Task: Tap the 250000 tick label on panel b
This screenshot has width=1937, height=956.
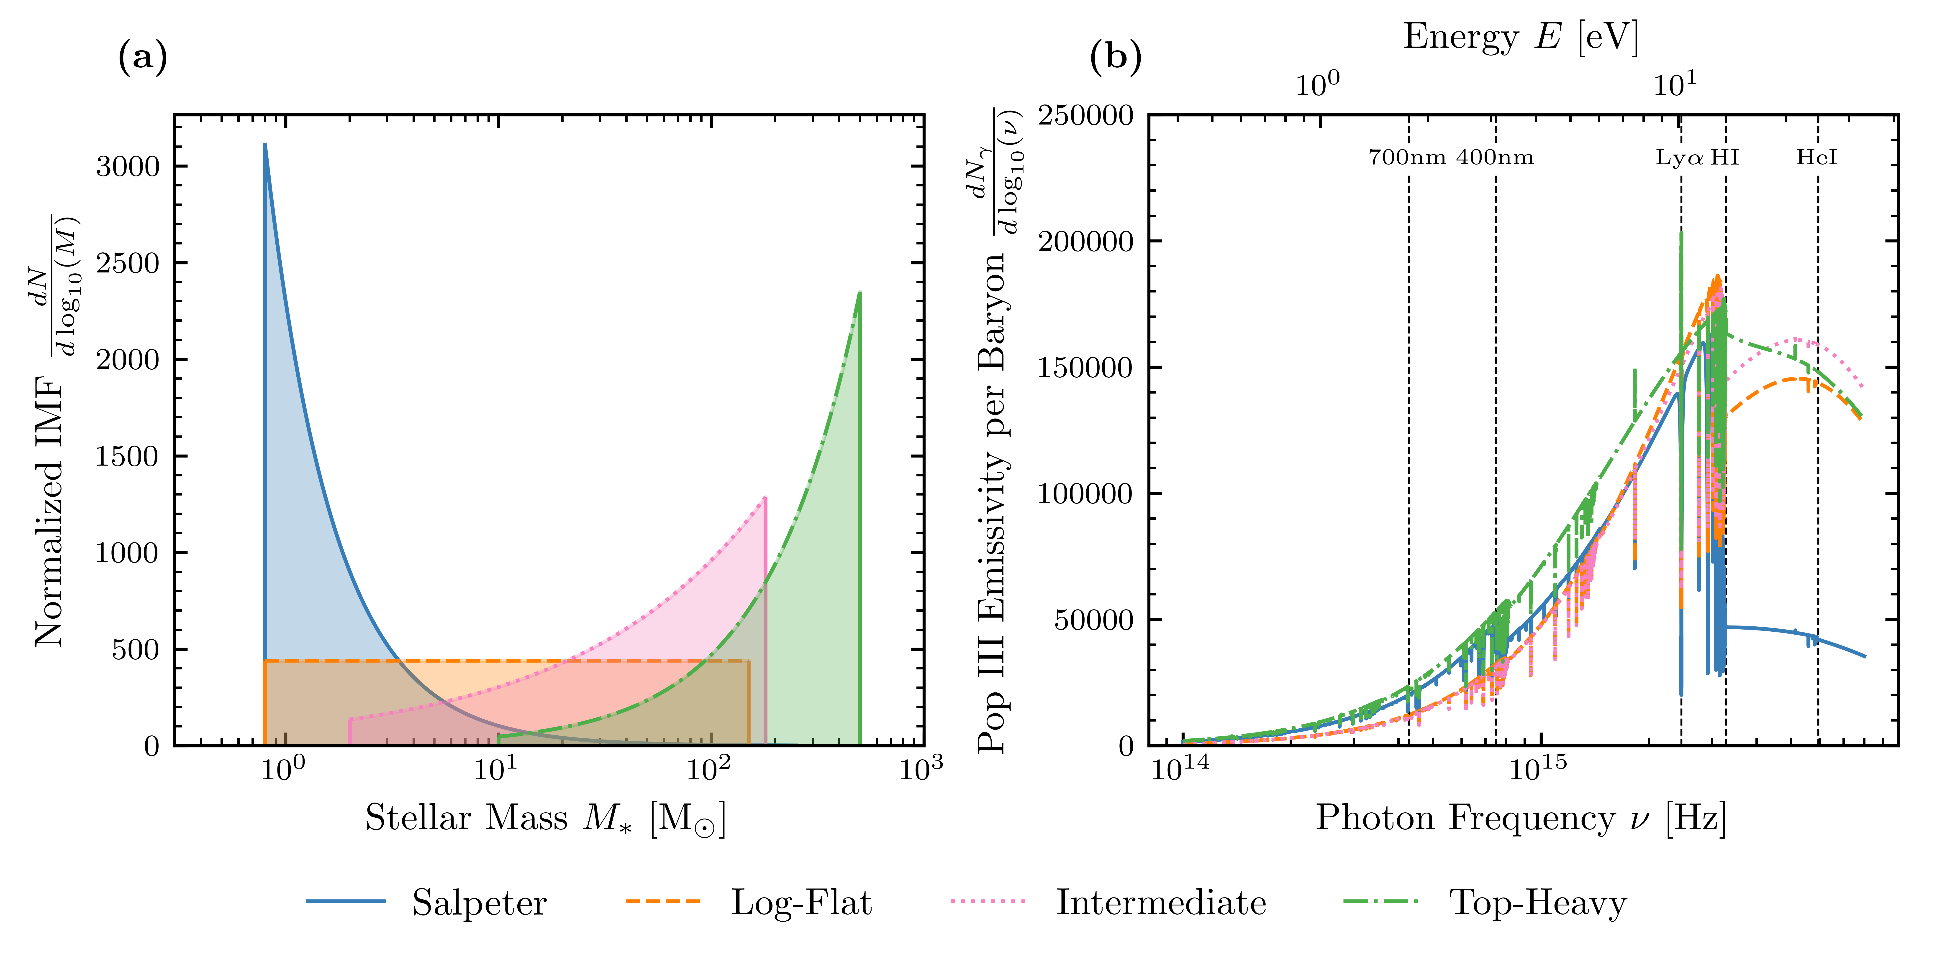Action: (x=1085, y=116)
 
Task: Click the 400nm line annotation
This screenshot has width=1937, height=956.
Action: (x=1495, y=158)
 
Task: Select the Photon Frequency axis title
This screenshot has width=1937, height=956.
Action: (x=1520, y=818)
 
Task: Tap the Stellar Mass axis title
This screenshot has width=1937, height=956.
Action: (x=546, y=818)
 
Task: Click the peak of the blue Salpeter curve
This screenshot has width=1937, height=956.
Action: (x=265, y=144)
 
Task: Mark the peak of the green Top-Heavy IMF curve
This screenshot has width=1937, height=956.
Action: (x=859, y=293)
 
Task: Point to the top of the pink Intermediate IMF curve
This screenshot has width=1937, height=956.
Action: (x=765, y=498)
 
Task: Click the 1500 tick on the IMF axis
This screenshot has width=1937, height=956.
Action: (x=128, y=456)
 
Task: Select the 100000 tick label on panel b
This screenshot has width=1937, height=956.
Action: (x=1085, y=494)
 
